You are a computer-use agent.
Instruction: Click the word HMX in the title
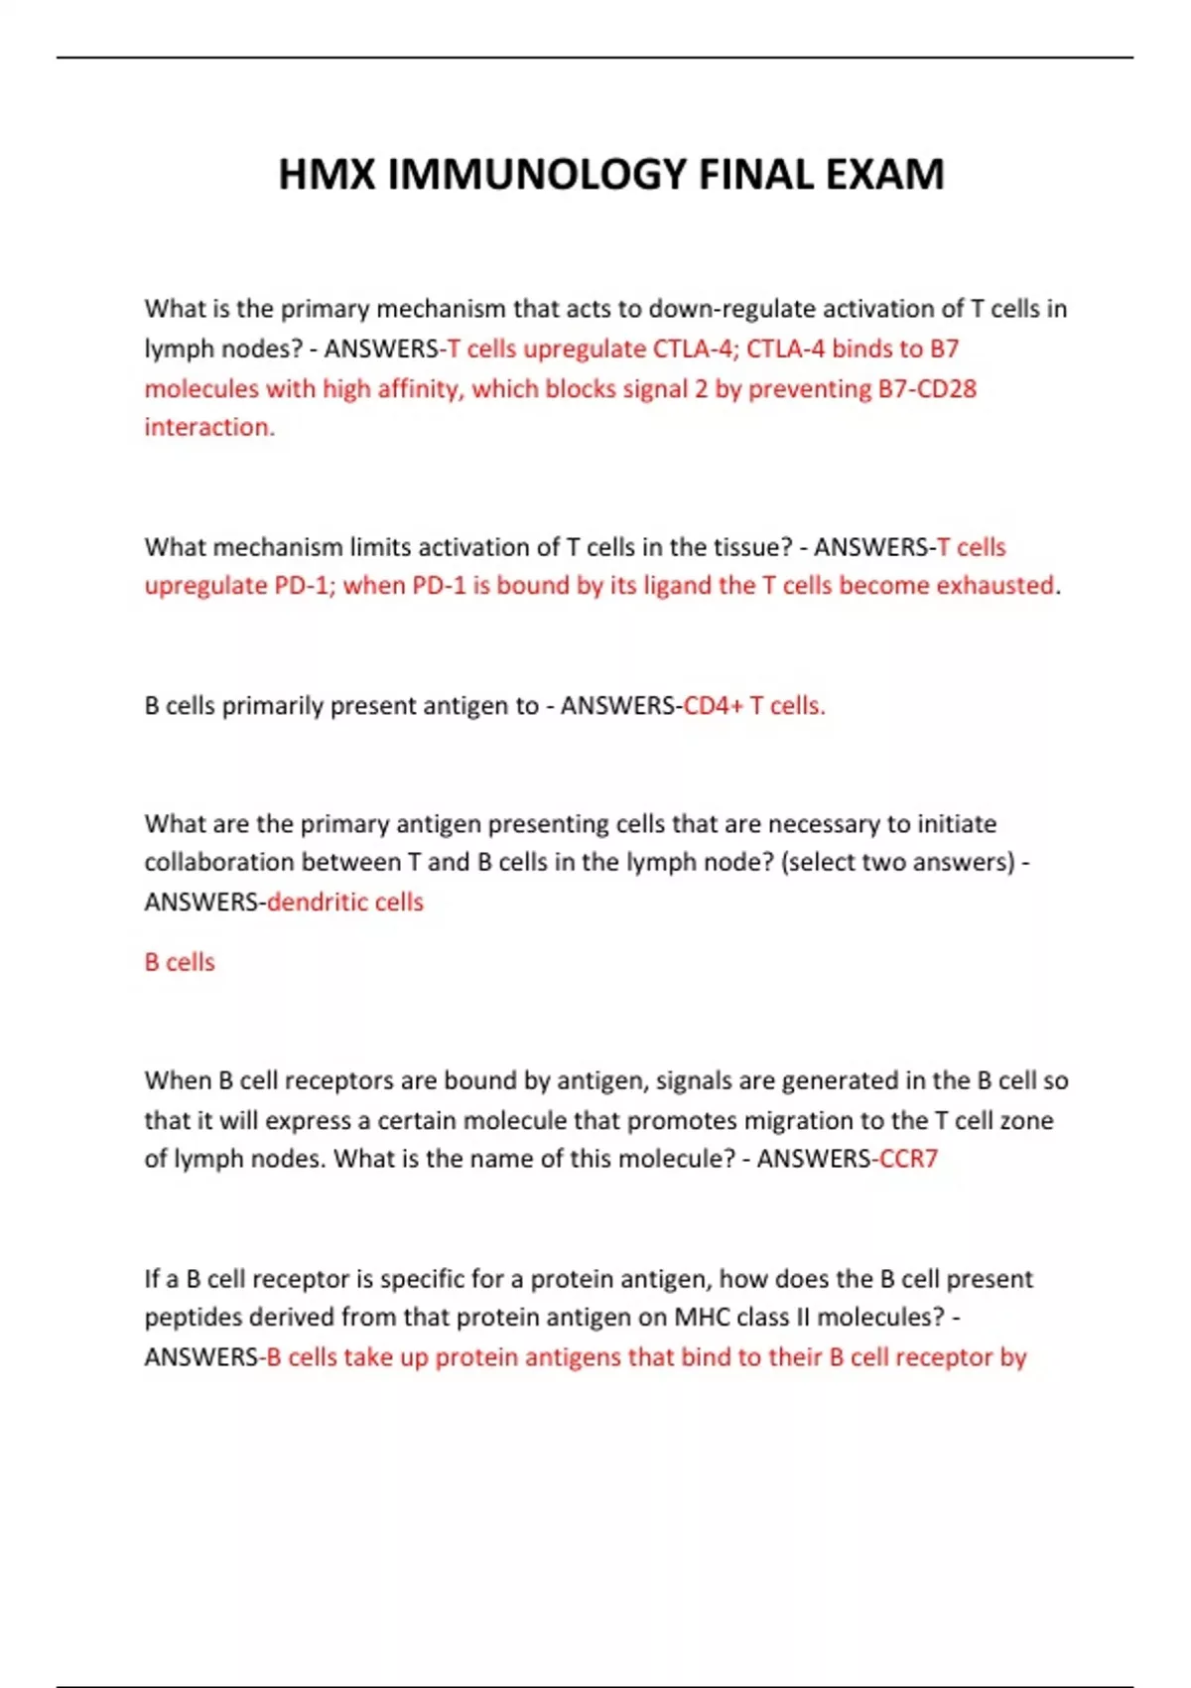[327, 175]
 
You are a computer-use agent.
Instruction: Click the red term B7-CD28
[927, 388]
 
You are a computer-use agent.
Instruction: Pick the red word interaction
[208, 427]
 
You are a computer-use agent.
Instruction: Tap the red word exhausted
[994, 586]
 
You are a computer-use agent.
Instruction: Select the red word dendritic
[310, 902]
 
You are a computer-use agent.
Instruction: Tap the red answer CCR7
[908, 1159]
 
